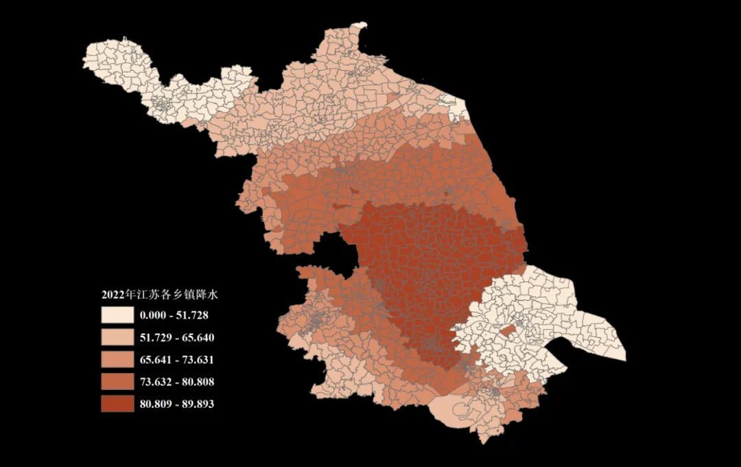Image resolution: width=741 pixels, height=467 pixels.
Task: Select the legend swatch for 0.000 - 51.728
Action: pos(117,315)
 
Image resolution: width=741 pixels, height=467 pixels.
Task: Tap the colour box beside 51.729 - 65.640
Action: pos(117,337)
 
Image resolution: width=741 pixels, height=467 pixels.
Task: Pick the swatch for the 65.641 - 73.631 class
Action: pos(117,359)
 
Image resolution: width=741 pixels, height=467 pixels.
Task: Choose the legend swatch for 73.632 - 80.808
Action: pos(117,381)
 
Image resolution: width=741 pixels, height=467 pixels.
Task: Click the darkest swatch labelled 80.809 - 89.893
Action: pos(117,404)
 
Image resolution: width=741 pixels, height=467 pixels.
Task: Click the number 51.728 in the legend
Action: pos(192,315)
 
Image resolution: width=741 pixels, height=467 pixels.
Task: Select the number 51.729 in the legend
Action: pos(155,338)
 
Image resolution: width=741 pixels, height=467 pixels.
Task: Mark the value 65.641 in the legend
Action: pos(155,360)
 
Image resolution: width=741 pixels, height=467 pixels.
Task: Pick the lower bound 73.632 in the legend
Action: pos(155,382)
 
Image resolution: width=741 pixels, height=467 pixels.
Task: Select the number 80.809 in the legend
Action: pos(155,404)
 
